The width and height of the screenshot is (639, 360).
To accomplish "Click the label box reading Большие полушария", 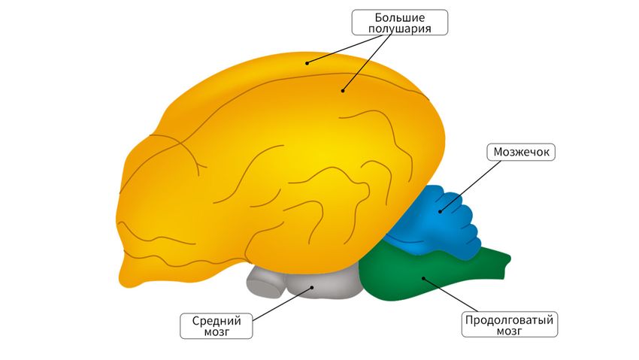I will click(399, 22).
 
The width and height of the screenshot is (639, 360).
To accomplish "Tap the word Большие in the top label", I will click(399, 16).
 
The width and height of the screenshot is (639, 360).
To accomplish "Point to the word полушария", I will click(399, 29).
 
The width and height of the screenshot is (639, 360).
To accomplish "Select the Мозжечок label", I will click(522, 153).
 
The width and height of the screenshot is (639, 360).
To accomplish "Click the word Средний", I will click(215, 319).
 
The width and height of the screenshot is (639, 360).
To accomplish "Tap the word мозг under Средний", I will click(215, 331).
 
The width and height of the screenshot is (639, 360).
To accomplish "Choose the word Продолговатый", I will click(510, 319).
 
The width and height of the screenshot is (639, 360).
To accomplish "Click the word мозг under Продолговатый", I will click(510, 331).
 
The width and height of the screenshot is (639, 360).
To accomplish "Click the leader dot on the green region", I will click(423, 278).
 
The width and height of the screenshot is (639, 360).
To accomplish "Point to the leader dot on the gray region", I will click(312, 286).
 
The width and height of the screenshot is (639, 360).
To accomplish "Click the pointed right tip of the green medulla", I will click(509, 259).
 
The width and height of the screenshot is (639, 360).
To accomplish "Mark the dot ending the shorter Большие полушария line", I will click(307, 63).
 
